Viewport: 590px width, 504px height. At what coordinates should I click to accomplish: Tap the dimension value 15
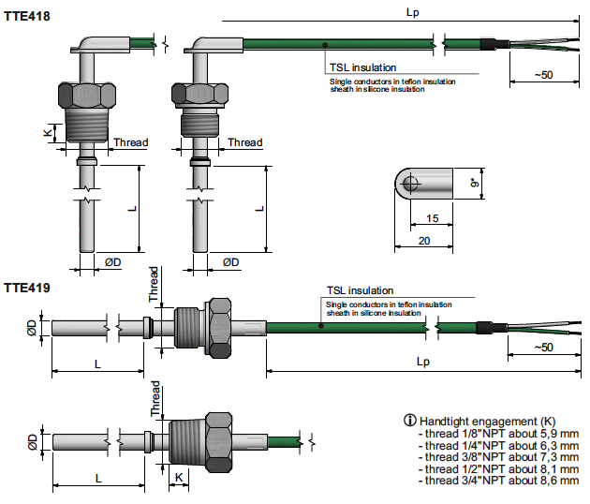[x=432, y=218]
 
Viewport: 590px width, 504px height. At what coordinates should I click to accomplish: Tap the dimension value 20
[x=425, y=242]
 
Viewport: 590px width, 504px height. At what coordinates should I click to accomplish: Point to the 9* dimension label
[x=475, y=185]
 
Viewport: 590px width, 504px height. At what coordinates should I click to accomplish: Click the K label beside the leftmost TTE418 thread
[x=47, y=132]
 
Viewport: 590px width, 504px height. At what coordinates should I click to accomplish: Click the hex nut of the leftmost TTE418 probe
[x=84, y=93]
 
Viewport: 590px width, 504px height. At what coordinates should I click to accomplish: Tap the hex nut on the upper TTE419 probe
[x=220, y=327]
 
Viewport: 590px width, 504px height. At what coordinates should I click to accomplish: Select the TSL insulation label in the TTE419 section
[x=360, y=291]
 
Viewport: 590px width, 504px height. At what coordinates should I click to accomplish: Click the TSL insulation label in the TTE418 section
[x=361, y=67]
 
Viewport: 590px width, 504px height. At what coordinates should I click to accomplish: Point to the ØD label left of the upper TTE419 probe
[x=32, y=327]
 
